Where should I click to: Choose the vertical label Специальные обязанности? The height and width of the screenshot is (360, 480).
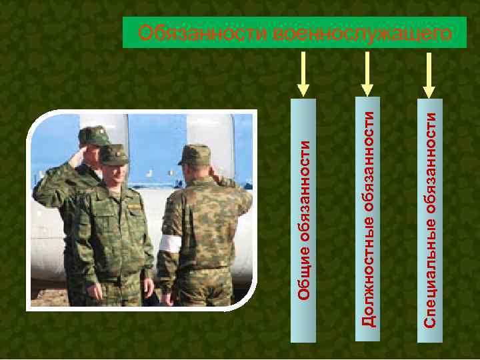point(430,220)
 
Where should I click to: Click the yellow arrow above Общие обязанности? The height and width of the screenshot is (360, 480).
point(303,73)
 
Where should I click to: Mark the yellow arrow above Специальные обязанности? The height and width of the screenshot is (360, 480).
point(429,73)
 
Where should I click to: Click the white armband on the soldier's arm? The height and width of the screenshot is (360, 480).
point(169,244)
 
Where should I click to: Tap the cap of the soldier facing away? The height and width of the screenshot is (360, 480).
point(194,154)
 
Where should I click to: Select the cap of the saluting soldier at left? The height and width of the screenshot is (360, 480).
point(93,135)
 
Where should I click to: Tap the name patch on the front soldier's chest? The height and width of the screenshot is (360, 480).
point(134,207)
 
